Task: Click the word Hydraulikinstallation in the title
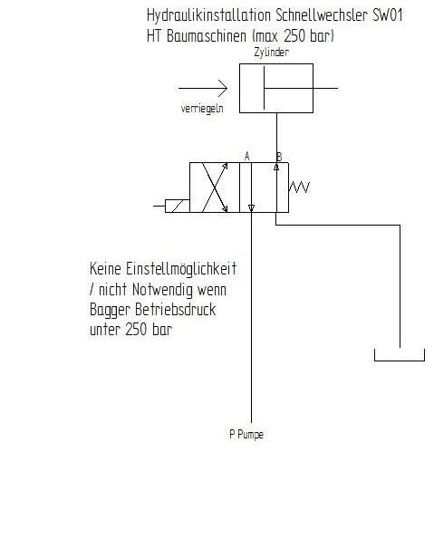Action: point(209,16)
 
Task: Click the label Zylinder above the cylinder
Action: point(271,53)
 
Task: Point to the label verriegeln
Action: point(202,108)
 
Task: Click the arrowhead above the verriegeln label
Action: point(223,88)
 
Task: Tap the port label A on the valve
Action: point(247,157)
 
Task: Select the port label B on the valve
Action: point(279,157)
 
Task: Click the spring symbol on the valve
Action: point(299,188)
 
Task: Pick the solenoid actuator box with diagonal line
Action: point(178,206)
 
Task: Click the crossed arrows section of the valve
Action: point(215,188)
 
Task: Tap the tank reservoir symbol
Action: point(400,361)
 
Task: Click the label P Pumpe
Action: point(246,435)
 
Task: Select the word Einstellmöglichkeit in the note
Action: point(181,269)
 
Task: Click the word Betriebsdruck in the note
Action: point(176,310)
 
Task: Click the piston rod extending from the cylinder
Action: point(301,88)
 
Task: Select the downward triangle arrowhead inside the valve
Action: point(251,207)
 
